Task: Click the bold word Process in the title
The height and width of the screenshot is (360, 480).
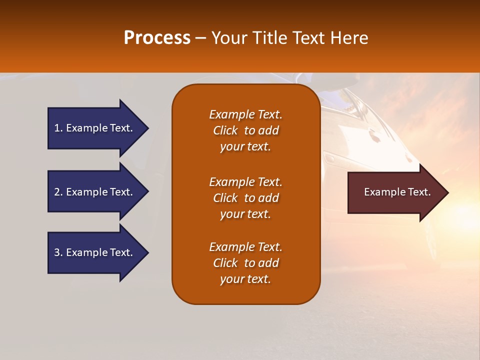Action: tap(157, 37)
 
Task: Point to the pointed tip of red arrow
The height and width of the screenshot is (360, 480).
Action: tap(447, 192)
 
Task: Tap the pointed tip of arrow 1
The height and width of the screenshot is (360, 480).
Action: tap(147, 128)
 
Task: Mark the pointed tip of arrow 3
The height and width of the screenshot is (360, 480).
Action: tap(147, 252)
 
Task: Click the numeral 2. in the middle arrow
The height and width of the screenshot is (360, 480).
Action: tap(58, 192)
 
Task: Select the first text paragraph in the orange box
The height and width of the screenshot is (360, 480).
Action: tap(245, 130)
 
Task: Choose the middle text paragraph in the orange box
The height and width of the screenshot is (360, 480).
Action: tap(245, 198)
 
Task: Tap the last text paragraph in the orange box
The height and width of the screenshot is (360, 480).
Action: tap(245, 263)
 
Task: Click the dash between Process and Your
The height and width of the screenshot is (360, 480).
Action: tap(200, 38)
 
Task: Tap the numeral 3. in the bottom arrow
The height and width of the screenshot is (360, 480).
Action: tap(58, 252)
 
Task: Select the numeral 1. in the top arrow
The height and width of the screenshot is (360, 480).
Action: tap(58, 128)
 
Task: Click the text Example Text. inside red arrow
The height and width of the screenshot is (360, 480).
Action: tap(397, 192)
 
